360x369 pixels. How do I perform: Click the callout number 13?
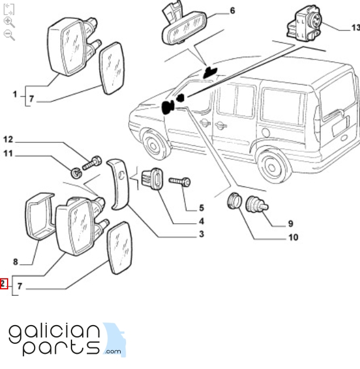[x=355, y=27]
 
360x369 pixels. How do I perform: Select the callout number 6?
[x=232, y=11]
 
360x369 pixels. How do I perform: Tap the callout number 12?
[x=8, y=139]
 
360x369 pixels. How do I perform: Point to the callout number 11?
[x=8, y=154]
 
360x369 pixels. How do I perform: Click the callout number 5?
[x=201, y=207]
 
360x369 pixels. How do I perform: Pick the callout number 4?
[x=201, y=221]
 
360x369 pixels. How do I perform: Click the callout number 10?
[x=293, y=237]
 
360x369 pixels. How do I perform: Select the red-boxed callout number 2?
[x=4, y=285]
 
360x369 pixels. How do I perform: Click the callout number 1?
[x=15, y=94]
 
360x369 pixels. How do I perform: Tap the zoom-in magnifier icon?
[x=9, y=22]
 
